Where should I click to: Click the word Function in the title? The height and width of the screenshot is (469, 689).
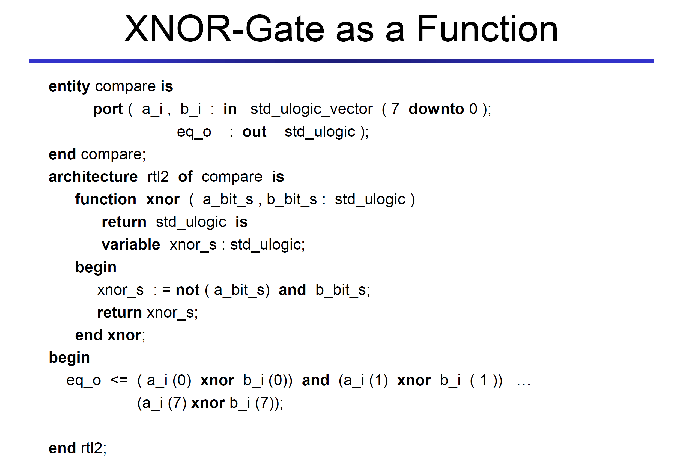coord(487,29)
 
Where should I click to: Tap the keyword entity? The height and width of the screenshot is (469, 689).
coord(69,87)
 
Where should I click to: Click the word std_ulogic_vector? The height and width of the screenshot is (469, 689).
coord(311,109)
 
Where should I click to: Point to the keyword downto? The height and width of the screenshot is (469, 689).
coord(436,109)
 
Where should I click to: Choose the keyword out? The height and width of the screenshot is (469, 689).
coord(254,132)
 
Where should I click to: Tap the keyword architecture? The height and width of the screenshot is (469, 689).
coord(93,177)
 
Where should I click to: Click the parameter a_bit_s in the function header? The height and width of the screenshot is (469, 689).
coord(228,199)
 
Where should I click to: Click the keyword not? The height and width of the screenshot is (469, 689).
coord(187,290)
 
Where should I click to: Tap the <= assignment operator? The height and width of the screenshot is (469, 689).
coord(119,380)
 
